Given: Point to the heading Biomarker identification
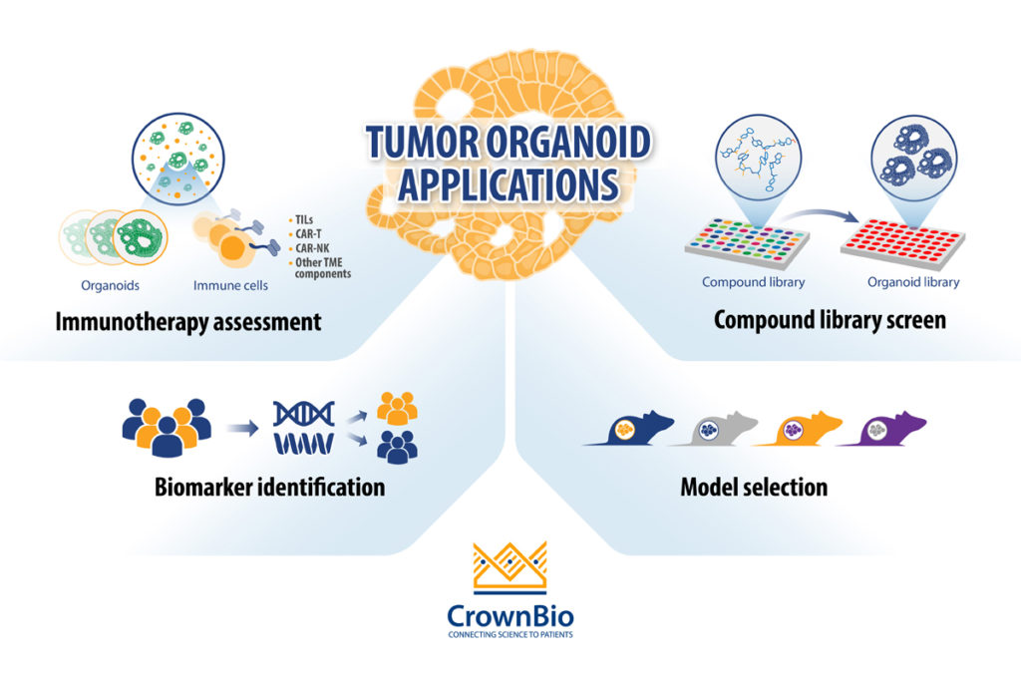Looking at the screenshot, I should click(x=269, y=488).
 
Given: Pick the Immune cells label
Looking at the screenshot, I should click(x=229, y=285).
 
